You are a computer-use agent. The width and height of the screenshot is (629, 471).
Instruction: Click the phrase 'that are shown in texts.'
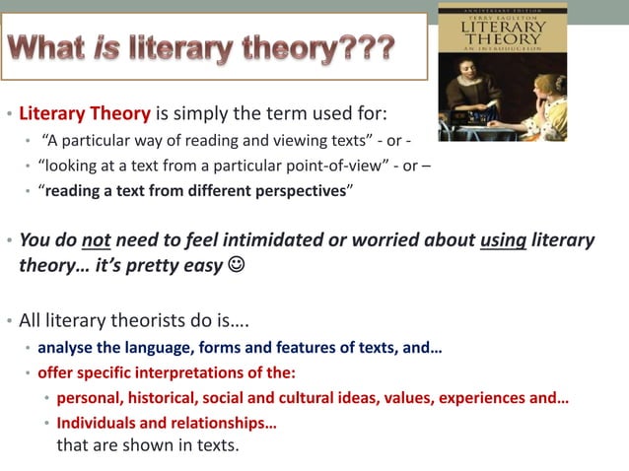(148, 444)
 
